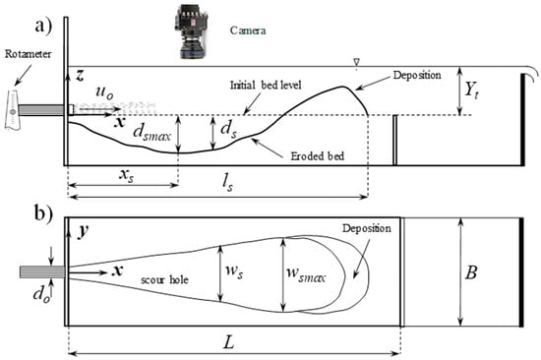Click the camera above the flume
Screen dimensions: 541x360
(x=191, y=31)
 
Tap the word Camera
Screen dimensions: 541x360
(x=248, y=30)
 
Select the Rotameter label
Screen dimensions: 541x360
(x=28, y=54)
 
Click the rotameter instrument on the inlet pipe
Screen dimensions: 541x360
(x=13, y=110)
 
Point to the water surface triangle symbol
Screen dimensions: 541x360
(x=357, y=62)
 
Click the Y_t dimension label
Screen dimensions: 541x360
(x=471, y=90)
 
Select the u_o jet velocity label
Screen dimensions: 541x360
(x=104, y=92)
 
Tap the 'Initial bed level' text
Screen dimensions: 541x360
(x=266, y=85)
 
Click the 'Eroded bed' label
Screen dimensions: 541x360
(x=317, y=156)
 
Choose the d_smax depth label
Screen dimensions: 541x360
(x=152, y=133)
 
